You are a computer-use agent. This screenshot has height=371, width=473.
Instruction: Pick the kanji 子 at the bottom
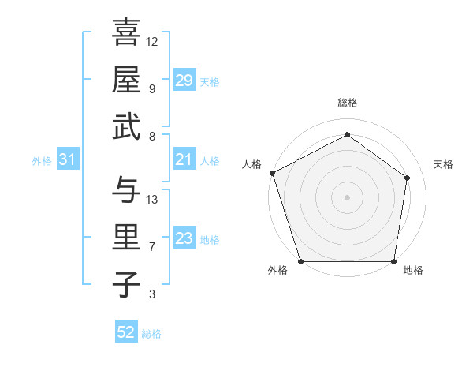pos(126,285)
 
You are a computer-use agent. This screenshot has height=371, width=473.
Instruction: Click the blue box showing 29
pos(184,81)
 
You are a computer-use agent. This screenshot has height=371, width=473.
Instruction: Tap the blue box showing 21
pos(184,160)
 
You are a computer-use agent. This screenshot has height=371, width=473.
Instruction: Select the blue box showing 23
pos(184,239)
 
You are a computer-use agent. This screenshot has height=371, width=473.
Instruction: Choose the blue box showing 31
pos(68,160)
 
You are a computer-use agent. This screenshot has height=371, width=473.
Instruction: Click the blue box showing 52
pos(126,332)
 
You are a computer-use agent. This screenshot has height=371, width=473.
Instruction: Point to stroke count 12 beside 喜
pos(152,41)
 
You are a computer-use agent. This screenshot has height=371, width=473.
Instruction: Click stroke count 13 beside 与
pos(152,200)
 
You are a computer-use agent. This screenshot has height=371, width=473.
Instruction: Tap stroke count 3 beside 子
pos(151,295)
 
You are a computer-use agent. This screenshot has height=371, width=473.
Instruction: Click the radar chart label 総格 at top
pos(347,103)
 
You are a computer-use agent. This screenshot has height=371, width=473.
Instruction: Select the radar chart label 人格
pos(252,164)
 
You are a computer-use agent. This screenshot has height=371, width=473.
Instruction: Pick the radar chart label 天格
pos(443,164)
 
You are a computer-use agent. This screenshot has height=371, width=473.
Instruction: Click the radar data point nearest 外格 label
pos(300,261)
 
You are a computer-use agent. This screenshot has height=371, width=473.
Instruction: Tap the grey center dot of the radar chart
pos(347,197)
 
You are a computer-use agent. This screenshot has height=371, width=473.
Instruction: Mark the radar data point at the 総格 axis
pos(347,135)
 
